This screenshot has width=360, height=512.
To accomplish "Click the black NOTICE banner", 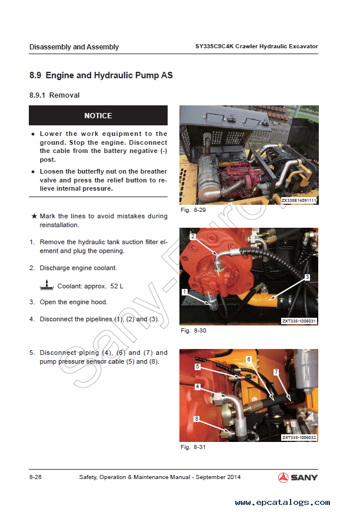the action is click(x=98, y=115).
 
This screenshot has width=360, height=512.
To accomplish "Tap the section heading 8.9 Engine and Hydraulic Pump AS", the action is click(x=101, y=75).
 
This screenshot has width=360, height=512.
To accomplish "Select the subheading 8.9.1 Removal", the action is click(x=55, y=95).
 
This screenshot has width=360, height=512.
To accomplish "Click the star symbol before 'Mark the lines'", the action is click(x=34, y=216).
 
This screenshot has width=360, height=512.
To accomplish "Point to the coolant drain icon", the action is click(x=46, y=285).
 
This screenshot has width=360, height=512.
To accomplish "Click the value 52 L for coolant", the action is click(x=116, y=287).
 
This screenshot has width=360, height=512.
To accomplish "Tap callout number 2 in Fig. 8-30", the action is click(x=193, y=236).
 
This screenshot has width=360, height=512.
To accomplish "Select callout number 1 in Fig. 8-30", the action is click(x=185, y=291).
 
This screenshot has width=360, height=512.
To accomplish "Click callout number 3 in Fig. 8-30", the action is click(x=307, y=277).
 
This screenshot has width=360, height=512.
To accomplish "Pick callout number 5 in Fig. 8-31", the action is click(x=198, y=367).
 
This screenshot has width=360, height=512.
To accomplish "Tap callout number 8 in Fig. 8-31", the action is click(x=196, y=418).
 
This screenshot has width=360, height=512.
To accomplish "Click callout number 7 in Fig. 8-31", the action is click(x=276, y=372).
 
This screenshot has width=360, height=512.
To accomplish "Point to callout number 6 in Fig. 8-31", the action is click(x=249, y=359).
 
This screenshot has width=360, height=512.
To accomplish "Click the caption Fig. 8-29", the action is click(x=193, y=210).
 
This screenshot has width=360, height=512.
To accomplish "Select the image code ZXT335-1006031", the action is click(x=299, y=321).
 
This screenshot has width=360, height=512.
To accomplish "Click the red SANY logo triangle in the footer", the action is click(x=283, y=477).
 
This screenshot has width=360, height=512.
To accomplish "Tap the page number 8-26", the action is click(x=35, y=477).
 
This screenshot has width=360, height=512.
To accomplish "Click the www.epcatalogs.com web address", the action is click(x=283, y=502).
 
